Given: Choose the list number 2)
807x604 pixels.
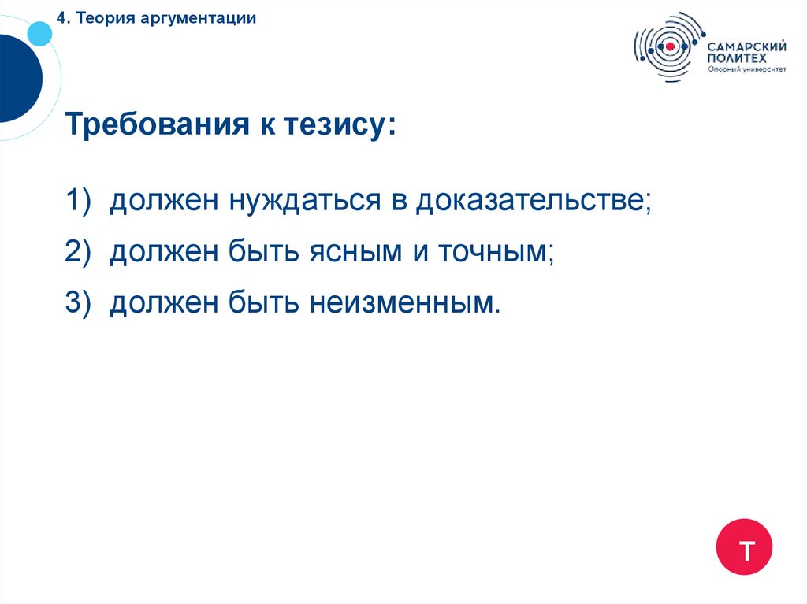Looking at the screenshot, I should coord(80,252).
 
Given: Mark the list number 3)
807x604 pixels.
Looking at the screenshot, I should coord(80,302).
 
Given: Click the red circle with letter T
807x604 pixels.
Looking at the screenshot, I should coord(744,547).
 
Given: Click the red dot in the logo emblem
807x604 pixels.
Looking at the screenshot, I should coord(670,46).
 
